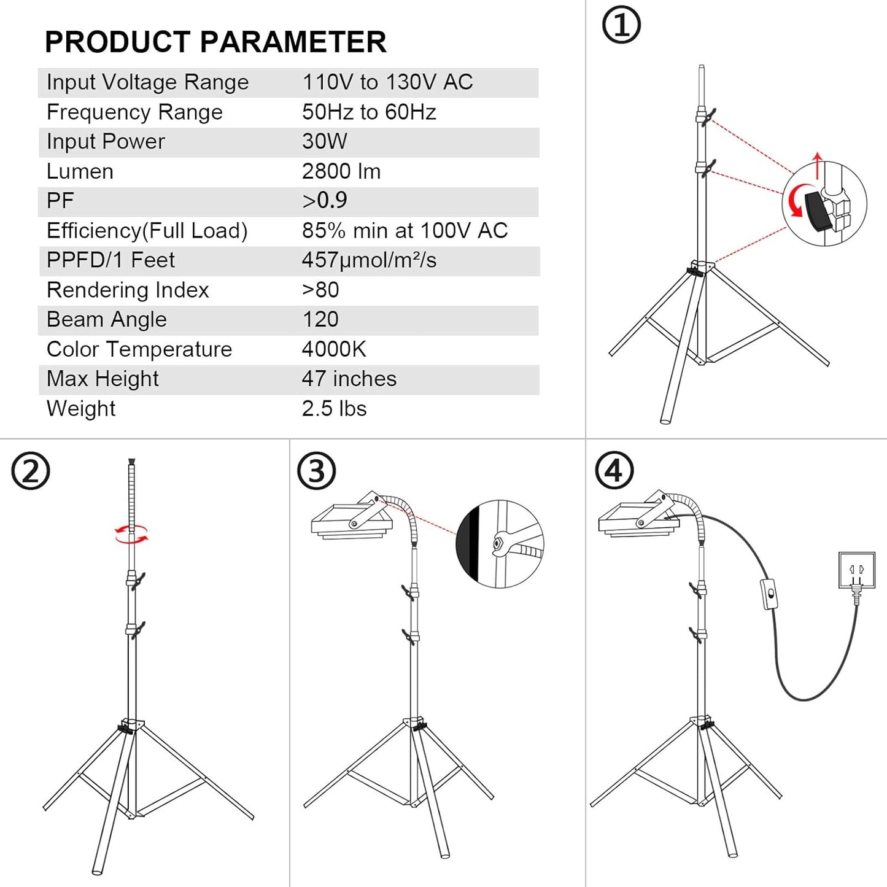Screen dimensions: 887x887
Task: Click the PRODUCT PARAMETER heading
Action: [215, 42]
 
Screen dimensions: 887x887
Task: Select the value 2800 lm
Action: [341, 171]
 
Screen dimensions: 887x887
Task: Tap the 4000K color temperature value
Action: [334, 349]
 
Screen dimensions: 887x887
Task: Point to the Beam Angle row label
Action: [107, 320]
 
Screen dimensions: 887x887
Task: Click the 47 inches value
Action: [349, 379]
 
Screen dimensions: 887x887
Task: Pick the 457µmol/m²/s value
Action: [369, 260]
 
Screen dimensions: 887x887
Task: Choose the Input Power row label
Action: [106, 142]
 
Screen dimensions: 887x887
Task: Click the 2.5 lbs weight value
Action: [334, 409]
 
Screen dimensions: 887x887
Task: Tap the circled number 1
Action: [621, 26]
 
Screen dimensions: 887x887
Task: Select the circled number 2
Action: [30, 471]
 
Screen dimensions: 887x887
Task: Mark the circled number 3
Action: [316, 471]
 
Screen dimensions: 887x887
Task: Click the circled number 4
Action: [614, 471]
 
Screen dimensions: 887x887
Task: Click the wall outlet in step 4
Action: [856, 571]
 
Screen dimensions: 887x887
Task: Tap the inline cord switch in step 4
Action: [770, 594]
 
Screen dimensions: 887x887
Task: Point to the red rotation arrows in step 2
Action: [131, 533]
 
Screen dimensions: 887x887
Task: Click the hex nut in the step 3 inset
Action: [498, 543]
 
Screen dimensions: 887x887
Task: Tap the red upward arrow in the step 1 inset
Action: [817, 165]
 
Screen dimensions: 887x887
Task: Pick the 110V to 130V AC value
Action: [387, 82]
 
